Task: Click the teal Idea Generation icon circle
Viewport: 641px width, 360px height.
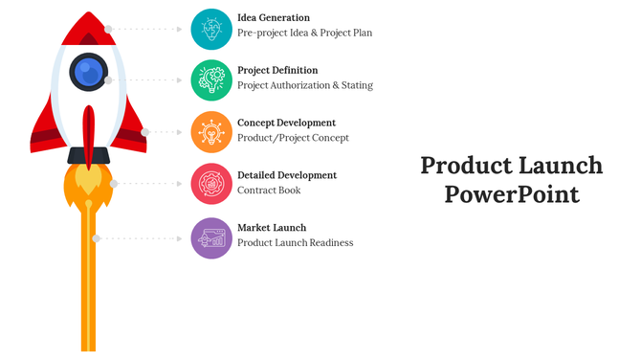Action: click(x=211, y=29)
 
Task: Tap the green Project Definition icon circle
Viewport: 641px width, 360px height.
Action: click(x=211, y=79)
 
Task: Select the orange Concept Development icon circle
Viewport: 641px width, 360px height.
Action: click(x=211, y=132)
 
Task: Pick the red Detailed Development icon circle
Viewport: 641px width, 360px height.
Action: click(x=211, y=184)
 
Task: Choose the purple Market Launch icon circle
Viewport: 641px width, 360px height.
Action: click(x=211, y=237)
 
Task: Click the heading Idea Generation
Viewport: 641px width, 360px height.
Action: click(x=274, y=18)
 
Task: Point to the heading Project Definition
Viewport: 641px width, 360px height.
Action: click(x=277, y=70)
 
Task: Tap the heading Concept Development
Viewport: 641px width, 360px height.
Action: click(x=286, y=123)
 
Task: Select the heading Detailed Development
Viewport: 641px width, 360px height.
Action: click(x=287, y=175)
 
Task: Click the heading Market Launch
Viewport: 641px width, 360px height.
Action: click(x=272, y=228)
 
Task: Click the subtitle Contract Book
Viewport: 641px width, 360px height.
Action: click(x=269, y=191)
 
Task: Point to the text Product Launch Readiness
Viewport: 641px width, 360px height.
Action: click(x=296, y=243)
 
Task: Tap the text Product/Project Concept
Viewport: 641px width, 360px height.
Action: click(x=293, y=138)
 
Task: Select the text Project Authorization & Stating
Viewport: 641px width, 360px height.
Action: click(x=305, y=85)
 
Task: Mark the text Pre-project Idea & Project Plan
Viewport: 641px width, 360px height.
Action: click(x=304, y=33)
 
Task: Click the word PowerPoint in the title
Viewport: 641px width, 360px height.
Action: click(x=512, y=194)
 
